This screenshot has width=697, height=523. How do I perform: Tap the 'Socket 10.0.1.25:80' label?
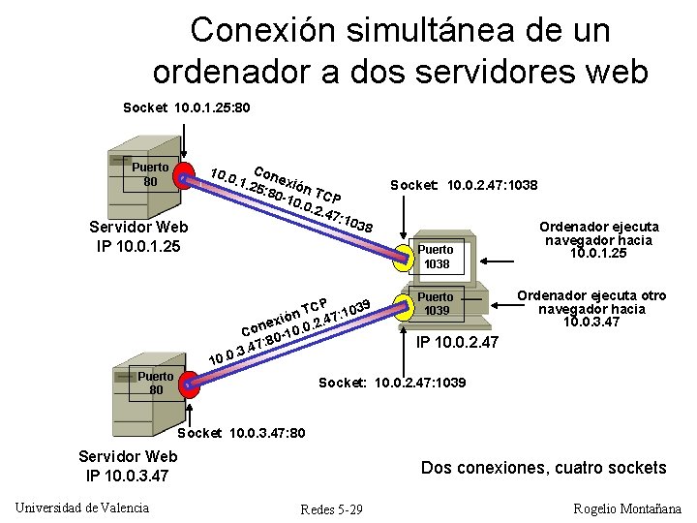(x=187, y=107)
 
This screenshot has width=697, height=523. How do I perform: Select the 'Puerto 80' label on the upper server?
(x=150, y=173)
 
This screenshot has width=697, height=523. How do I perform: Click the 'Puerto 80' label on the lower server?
(x=156, y=384)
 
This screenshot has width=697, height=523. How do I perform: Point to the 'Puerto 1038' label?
(x=437, y=257)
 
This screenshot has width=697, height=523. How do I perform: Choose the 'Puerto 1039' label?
(x=437, y=303)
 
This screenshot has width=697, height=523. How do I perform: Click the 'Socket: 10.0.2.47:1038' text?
(x=464, y=184)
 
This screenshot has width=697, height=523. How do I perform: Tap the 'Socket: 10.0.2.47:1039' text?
(x=392, y=383)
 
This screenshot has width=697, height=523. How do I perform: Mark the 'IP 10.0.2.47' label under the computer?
(x=457, y=342)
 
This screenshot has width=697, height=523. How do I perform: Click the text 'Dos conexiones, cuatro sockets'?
(x=543, y=468)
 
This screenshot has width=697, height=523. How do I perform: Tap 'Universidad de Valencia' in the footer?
(x=82, y=508)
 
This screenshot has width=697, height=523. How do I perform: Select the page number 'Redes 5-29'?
(x=331, y=509)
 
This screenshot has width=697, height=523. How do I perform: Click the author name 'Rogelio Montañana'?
(x=627, y=508)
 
